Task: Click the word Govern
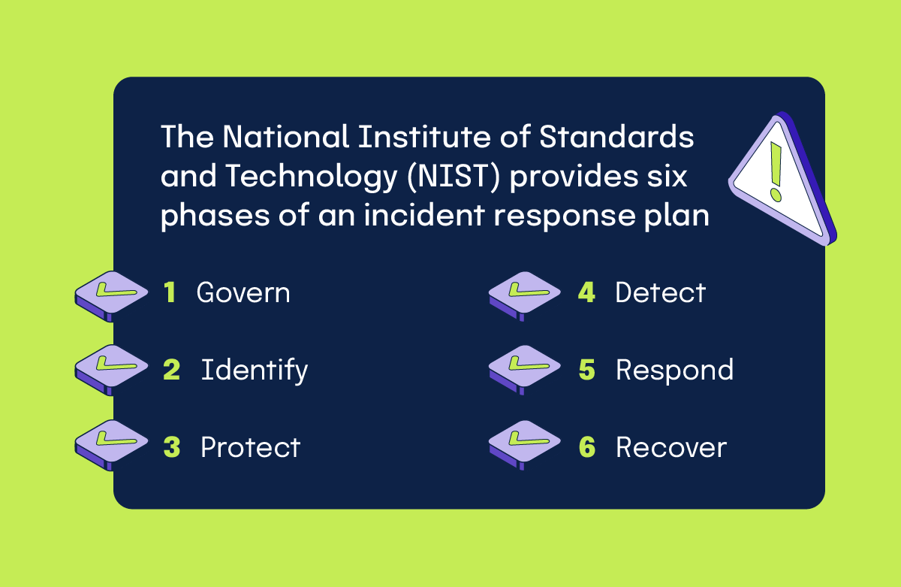point(243,293)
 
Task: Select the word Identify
point(255,371)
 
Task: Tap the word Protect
point(250,448)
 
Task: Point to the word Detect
point(661,293)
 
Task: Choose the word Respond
point(674,371)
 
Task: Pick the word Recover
point(671,448)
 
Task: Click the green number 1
point(170,293)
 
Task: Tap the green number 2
point(171,371)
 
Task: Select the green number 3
point(171,448)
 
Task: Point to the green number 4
point(586,293)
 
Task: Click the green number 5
point(586,371)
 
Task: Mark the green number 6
point(586,448)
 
